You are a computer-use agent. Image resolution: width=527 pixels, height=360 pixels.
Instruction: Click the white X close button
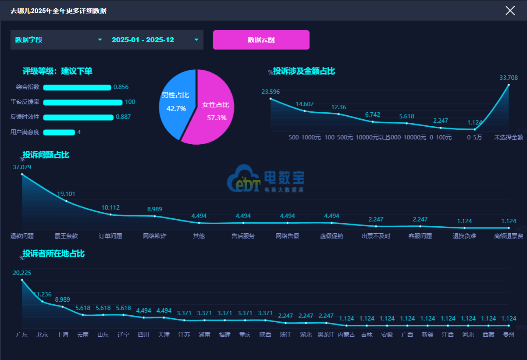[510, 11]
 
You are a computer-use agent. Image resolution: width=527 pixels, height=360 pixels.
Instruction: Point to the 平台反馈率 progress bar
[82, 103]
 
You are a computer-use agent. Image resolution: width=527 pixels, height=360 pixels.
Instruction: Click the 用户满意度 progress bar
[59, 132]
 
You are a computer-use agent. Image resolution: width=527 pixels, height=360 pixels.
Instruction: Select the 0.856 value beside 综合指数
[121, 87]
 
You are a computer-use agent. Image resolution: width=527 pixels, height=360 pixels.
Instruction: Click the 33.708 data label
[509, 78]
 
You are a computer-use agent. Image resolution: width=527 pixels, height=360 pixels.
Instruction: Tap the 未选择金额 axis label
[509, 137]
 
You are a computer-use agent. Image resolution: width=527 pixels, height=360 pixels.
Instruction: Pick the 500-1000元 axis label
[305, 137]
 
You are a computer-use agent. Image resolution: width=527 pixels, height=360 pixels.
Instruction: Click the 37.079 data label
[22, 167]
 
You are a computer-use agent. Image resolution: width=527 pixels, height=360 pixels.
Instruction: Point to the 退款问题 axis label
[22, 236]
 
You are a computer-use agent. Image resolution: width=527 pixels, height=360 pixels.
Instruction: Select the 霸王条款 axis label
[66, 236]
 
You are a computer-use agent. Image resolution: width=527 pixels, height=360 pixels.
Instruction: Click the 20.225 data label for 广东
[22, 273]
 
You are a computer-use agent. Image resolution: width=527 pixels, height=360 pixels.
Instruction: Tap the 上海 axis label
[63, 335]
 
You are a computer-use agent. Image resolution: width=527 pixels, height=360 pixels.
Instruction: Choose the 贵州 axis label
[509, 335]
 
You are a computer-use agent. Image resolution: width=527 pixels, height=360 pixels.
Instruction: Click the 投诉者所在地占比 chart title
[53, 253]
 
